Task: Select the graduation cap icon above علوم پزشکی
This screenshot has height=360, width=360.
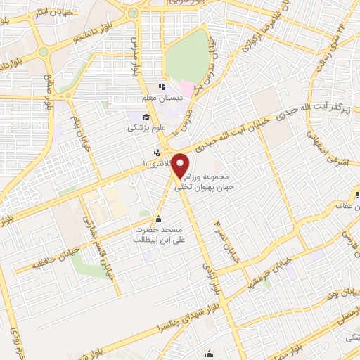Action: (x=146, y=117)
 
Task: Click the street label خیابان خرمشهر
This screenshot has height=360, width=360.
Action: (x=263, y=264)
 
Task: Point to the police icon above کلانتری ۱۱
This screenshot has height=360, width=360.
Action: (x=157, y=153)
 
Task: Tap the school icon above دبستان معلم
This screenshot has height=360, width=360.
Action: (x=163, y=88)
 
